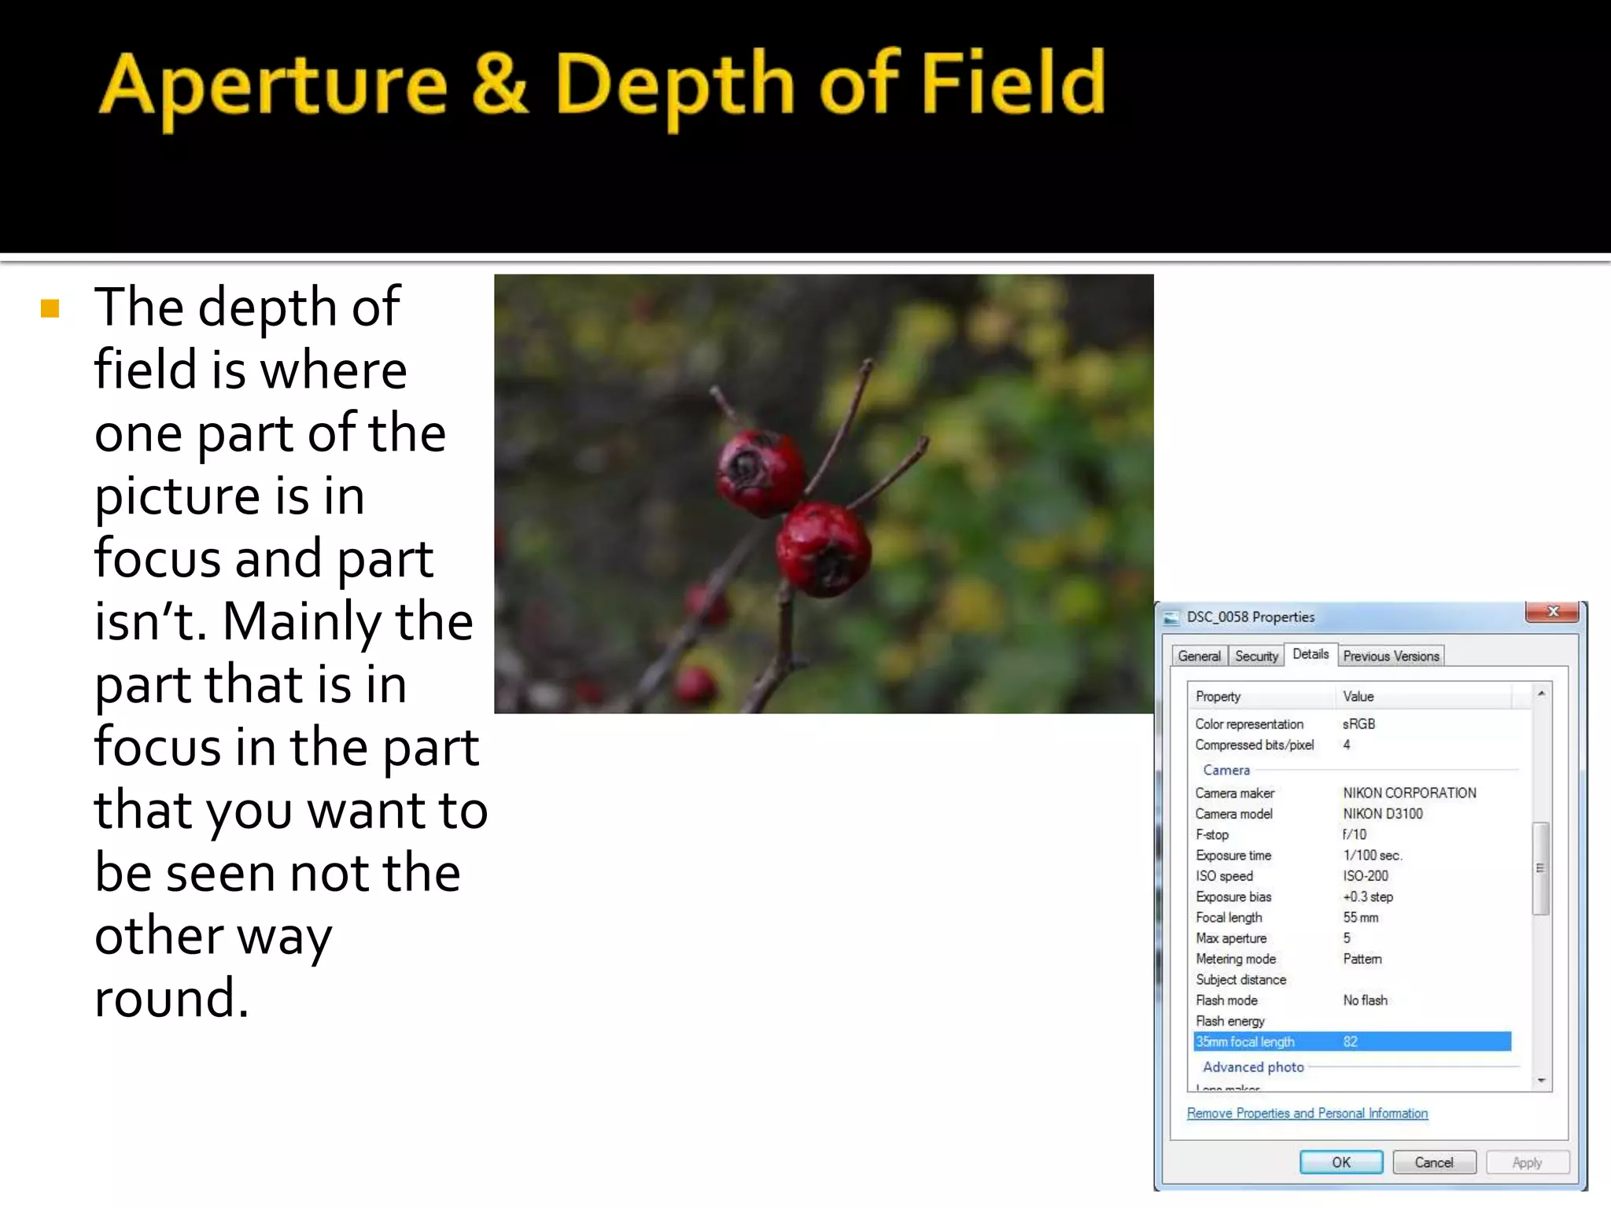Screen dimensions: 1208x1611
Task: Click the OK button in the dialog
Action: click(x=1340, y=1162)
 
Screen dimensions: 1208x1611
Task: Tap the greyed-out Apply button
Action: click(x=1527, y=1162)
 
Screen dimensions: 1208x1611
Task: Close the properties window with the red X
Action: click(x=1552, y=612)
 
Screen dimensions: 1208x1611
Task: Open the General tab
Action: click(x=1199, y=656)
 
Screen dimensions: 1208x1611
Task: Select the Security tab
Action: click(x=1256, y=656)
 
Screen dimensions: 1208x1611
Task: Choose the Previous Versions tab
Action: click(x=1391, y=656)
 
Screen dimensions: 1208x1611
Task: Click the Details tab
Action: click(x=1311, y=654)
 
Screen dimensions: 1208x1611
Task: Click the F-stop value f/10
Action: click(x=1355, y=834)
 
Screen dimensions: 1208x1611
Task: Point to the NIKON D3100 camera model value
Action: click(x=1383, y=814)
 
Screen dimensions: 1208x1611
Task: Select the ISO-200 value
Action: click(x=1366, y=876)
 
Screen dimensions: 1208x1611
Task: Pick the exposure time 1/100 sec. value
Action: click(x=1373, y=856)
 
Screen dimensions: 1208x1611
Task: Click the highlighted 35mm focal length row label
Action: click(x=1245, y=1042)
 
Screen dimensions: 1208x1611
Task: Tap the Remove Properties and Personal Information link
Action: click(x=1307, y=1114)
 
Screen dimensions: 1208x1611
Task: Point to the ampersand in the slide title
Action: click(x=500, y=83)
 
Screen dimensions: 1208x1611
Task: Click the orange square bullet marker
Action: click(x=50, y=308)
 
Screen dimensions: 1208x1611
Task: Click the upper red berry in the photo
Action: click(x=758, y=472)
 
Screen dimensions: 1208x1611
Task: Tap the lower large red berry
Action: click(x=823, y=549)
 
